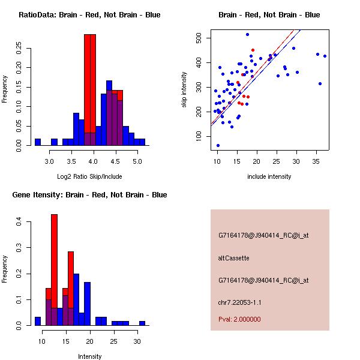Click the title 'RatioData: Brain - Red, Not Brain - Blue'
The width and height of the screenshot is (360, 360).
89,14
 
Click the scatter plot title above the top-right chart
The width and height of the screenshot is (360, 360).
269,14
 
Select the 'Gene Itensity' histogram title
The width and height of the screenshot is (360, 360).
89,194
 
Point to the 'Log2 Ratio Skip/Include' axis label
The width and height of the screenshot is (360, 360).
89,176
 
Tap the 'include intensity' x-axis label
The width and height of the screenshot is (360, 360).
269,176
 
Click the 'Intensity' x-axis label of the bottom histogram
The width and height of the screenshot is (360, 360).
90,356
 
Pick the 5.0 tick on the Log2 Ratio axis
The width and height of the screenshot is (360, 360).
137,161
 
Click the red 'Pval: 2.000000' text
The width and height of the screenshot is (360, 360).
239,319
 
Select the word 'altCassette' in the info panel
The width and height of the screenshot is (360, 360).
233,258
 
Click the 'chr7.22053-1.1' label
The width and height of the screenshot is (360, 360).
239,302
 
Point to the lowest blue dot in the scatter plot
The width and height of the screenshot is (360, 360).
218,145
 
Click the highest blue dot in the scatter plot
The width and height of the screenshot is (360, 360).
247,34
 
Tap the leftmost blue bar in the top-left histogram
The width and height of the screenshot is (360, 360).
38,142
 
